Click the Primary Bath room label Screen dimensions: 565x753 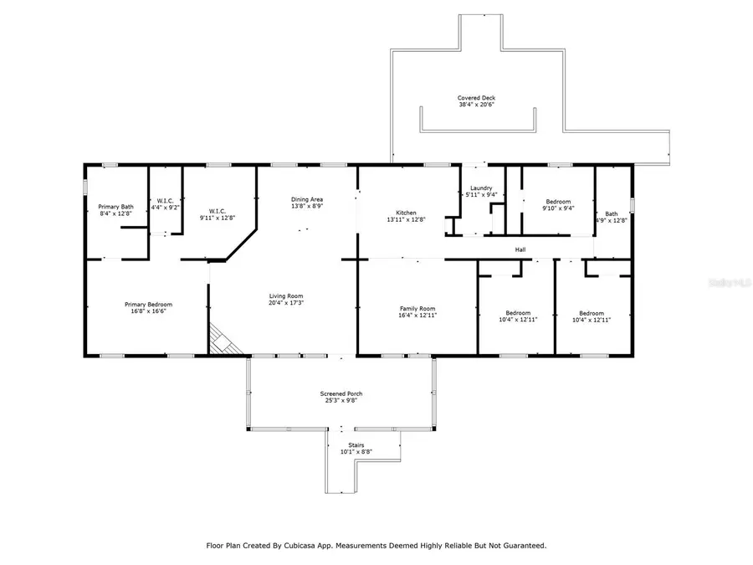point(115,206)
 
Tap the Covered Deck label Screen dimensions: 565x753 point(476,98)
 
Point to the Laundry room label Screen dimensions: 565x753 point(481,188)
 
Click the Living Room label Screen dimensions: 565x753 point(285,296)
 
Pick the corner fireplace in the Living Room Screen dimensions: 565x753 point(223,340)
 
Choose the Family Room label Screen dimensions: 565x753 point(417,308)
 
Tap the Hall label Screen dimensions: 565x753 point(520,249)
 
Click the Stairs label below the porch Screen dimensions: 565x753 point(356,444)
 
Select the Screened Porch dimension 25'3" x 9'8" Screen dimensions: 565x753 point(341,400)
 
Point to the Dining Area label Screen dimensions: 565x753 point(307,199)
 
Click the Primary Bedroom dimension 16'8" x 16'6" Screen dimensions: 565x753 point(149,311)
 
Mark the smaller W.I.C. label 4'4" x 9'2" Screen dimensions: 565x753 point(166,207)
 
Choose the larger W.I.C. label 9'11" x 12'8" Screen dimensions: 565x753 point(217,218)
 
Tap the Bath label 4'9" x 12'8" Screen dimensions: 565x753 point(612,220)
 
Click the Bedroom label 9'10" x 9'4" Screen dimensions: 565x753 point(558,208)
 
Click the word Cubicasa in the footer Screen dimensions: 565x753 point(317,545)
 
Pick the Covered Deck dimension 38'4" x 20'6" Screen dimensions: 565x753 point(476,105)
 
